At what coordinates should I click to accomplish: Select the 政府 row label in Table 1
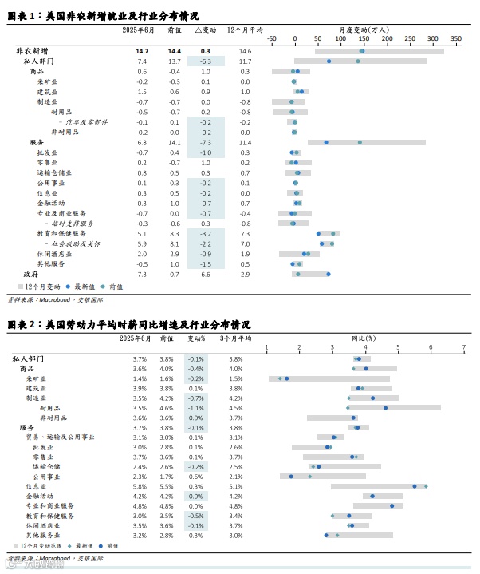click(x=30, y=274)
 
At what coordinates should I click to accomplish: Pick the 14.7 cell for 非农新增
click(x=142, y=51)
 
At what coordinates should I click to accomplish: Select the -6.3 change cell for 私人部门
click(x=205, y=61)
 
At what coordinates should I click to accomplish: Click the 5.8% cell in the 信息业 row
click(x=140, y=486)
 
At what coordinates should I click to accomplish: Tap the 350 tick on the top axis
click(x=455, y=38)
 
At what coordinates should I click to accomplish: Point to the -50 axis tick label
click(x=271, y=38)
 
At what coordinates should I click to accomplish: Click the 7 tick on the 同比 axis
click(x=463, y=347)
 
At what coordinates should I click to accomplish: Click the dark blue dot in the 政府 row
click(x=328, y=274)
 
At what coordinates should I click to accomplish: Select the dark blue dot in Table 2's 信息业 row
click(x=415, y=486)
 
